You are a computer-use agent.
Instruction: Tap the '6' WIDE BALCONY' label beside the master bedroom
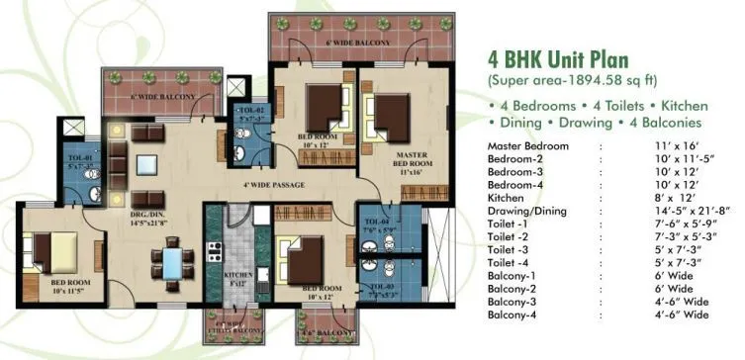(333, 45)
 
